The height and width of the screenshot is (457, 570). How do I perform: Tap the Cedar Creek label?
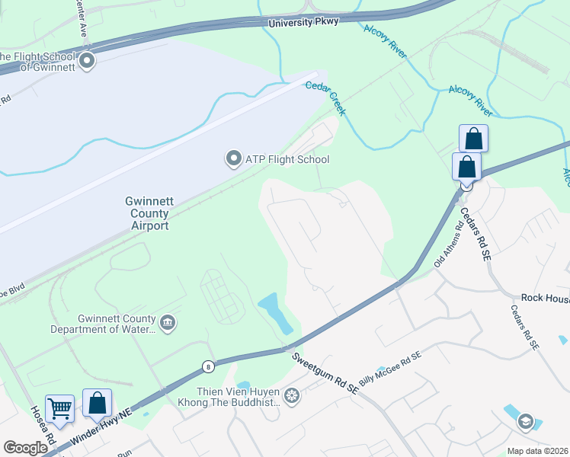(325, 98)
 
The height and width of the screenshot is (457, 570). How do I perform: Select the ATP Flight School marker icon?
(232, 159)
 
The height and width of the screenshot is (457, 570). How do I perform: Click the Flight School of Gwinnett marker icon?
(87, 60)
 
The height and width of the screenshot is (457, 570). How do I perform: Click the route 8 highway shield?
(207, 367)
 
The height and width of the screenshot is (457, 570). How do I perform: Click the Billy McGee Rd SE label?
(390, 368)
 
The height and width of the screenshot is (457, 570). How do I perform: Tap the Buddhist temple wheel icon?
(291, 396)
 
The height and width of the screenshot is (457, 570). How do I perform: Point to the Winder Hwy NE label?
(101, 427)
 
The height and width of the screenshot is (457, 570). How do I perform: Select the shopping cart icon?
(60, 408)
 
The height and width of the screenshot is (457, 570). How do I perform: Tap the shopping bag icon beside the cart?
(98, 403)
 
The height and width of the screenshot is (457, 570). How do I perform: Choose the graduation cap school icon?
(525, 422)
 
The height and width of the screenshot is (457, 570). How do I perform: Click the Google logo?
(25, 447)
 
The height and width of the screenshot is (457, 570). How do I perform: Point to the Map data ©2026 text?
(537, 451)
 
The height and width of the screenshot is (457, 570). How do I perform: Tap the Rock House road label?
(544, 299)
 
